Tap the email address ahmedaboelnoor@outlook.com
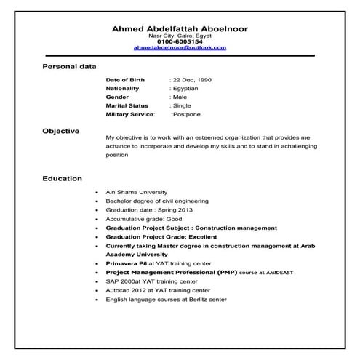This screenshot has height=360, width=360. click(x=180, y=47)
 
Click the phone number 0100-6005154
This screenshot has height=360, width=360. click(x=180, y=41)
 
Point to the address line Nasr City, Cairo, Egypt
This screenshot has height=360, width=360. click(x=180, y=35)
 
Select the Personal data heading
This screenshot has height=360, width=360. click(x=69, y=66)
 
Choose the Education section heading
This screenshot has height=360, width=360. click(x=62, y=177)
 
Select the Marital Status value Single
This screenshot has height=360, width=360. click(x=181, y=105)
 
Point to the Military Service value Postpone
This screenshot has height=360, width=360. click(x=186, y=114)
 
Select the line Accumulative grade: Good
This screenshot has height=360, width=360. click(x=144, y=218)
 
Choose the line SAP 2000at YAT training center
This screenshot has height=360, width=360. click(x=151, y=281)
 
